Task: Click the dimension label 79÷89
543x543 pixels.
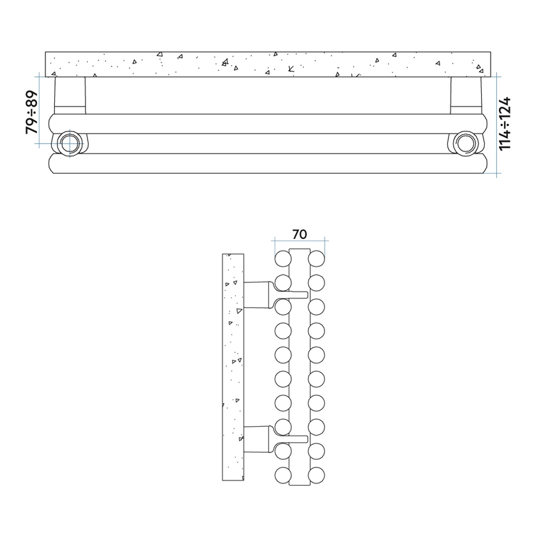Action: [31, 112]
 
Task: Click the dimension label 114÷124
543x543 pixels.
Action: [506, 123]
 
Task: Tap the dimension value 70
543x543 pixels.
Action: [300, 234]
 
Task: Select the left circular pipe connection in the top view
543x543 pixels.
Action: [68, 142]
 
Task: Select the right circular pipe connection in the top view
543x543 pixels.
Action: [465, 142]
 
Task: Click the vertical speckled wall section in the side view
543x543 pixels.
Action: [233, 369]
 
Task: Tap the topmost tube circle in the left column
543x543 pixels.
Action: [283, 259]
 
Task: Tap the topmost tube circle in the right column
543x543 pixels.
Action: [317, 259]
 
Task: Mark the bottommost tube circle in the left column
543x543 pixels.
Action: [283, 475]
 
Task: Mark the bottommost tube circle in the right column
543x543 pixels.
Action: [317, 475]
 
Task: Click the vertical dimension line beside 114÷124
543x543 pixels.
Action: [498, 123]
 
